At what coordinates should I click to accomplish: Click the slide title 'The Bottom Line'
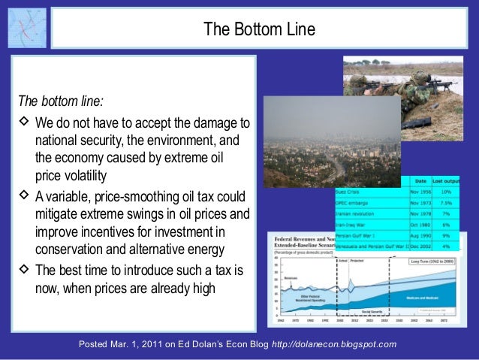(x=260, y=29)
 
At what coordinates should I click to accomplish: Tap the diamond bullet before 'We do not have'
(x=24, y=122)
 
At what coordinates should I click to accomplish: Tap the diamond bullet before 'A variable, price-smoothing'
(x=24, y=195)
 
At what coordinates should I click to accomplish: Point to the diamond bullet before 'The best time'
(x=24, y=269)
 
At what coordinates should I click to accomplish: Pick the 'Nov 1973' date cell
(x=420, y=201)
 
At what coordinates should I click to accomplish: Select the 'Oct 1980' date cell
(x=420, y=223)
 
